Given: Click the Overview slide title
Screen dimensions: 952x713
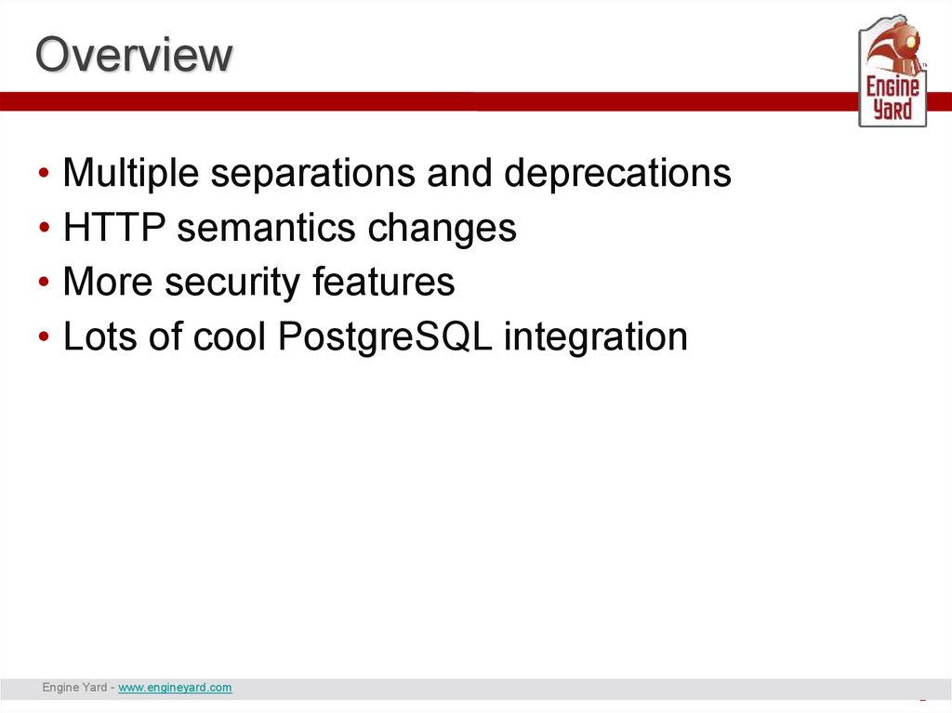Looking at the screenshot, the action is pos(134,54).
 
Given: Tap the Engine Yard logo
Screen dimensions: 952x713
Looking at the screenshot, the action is pos(892,71).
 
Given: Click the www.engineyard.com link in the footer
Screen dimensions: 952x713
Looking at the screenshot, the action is pos(175,687).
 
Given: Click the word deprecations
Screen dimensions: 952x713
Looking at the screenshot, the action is pos(617,173).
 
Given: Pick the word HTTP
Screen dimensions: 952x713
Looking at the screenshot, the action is pos(114,227).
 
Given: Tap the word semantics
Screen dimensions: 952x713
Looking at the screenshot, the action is pos(266,229).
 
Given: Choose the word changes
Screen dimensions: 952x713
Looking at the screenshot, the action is pos(442,229).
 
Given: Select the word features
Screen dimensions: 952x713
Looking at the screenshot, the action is pos(383,281).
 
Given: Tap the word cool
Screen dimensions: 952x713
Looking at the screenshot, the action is pos(230,336).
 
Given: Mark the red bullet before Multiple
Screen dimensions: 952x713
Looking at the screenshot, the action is pos(44,173).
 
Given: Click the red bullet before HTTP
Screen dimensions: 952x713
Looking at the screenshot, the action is pos(44,228).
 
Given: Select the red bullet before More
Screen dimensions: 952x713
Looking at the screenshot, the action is pos(44,282).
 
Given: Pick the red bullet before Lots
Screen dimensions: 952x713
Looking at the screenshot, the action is pos(44,336).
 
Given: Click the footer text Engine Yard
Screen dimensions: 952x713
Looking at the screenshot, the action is pos(74,687).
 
